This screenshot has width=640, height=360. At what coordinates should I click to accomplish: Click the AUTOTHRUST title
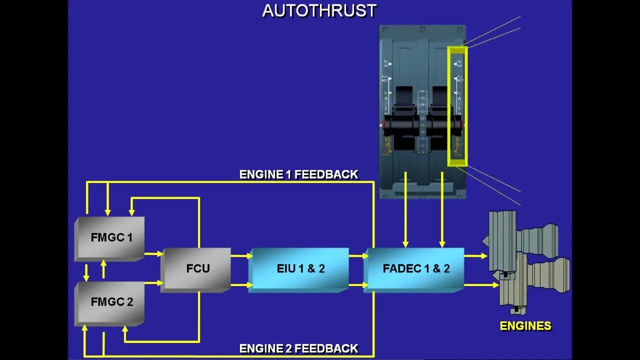click(x=319, y=10)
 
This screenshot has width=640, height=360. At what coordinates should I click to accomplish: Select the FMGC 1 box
click(x=111, y=237)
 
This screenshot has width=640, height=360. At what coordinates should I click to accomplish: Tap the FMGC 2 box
click(x=111, y=302)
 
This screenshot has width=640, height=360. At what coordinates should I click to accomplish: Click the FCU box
click(x=197, y=268)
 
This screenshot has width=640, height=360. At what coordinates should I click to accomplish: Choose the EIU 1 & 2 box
click(x=300, y=268)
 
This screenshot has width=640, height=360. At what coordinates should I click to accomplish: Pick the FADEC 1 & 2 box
click(x=415, y=268)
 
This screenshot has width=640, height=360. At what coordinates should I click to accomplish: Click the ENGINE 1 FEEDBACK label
click(x=298, y=174)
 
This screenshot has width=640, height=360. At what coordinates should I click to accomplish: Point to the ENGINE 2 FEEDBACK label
click(x=298, y=348)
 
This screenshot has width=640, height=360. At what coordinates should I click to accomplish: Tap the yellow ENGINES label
click(x=525, y=326)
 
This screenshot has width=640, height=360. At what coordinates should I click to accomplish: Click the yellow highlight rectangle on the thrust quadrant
click(x=457, y=106)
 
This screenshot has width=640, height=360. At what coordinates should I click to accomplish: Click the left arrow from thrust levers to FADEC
click(x=405, y=210)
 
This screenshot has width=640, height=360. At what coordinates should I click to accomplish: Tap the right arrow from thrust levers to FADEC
click(x=442, y=210)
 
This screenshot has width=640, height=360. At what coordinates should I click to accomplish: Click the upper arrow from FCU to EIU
click(x=241, y=256)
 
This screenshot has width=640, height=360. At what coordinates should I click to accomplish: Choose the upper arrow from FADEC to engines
click(x=475, y=256)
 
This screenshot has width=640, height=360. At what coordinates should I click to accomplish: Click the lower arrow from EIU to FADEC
click(x=358, y=285)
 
